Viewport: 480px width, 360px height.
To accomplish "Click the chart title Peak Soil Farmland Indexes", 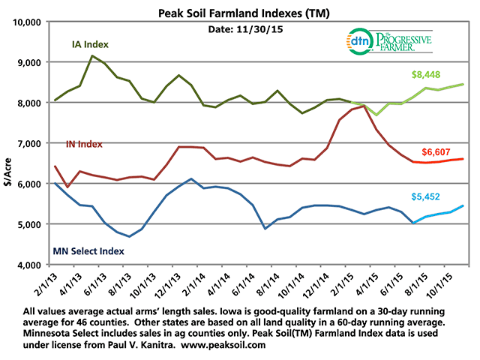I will (x=239, y=13).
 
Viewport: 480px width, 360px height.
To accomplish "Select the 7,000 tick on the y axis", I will (x=34, y=143).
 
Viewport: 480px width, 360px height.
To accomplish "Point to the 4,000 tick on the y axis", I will (x=34, y=265).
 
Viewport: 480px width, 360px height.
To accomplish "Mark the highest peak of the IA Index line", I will (x=92, y=55).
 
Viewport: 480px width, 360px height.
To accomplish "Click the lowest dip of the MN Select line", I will (x=129, y=236).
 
